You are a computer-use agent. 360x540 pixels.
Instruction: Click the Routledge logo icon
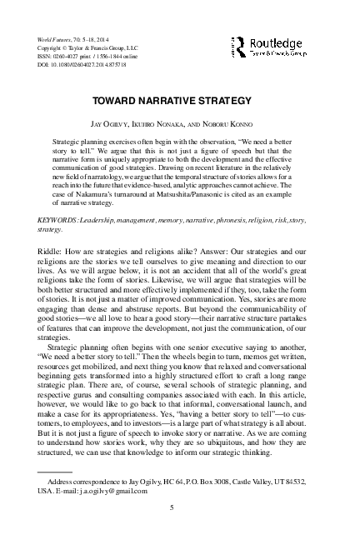[239, 46]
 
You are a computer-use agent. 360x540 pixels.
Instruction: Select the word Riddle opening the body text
[52, 251]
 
